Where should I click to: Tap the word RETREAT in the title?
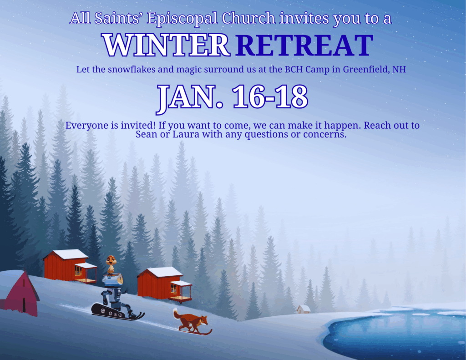point(304,45)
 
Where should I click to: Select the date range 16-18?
point(270,96)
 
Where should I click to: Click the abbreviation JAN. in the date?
point(190,98)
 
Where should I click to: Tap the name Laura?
point(186,134)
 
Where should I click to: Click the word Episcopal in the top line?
point(182,18)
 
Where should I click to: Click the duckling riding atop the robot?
point(111,264)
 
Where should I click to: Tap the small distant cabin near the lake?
point(304,309)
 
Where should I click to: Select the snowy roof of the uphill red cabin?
point(71,254)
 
